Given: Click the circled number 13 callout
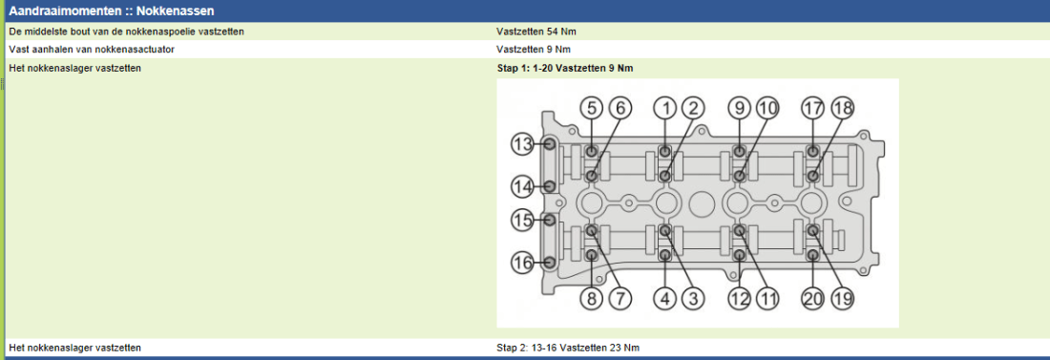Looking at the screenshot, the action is (x=522, y=143).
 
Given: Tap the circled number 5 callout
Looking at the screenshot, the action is (x=591, y=107).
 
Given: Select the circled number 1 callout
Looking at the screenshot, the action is (x=665, y=107).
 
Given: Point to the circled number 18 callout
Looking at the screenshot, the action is (x=843, y=107).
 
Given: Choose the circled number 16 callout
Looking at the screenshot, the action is (x=522, y=263).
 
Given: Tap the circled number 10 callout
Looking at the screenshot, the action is (x=768, y=107).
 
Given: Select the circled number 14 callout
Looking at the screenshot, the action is (x=522, y=185).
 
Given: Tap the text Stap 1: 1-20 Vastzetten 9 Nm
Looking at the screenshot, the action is (x=564, y=69).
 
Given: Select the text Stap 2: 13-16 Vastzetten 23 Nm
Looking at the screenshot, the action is (x=568, y=348).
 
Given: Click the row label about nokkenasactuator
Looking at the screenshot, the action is (x=92, y=50).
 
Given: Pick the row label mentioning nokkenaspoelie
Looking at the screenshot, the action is (x=126, y=31).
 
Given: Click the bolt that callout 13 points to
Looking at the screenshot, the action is (x=550, y=143).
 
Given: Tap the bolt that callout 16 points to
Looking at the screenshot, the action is (x=550, y=263).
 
